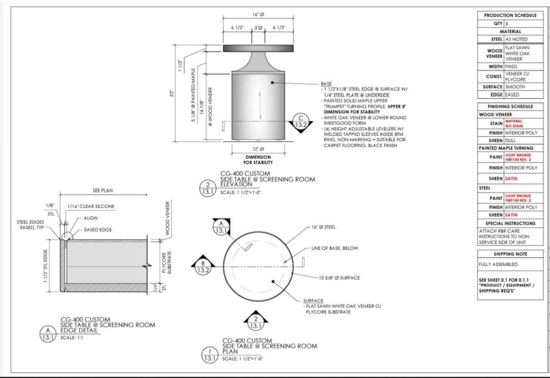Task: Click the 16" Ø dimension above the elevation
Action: tap(258, 14)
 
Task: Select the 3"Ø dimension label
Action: tap(258, 28)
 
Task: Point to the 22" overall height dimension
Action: tap(172, 93)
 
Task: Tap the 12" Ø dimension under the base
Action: tap(258, 149)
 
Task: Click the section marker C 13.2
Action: tap(301, 122)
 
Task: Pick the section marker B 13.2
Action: tap(203, 266)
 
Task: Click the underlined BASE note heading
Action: tap(326, 84)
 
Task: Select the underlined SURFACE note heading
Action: tap(313, 301)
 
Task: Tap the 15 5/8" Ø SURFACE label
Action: tap(339, 278)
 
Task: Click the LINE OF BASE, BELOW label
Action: tap(335, 248)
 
